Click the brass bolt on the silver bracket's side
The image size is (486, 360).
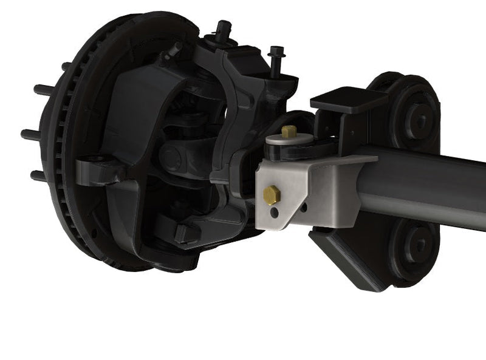271,195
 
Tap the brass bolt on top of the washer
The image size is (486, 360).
289,131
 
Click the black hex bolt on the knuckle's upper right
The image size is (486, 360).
276,61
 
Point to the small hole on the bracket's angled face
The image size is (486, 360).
303,207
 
